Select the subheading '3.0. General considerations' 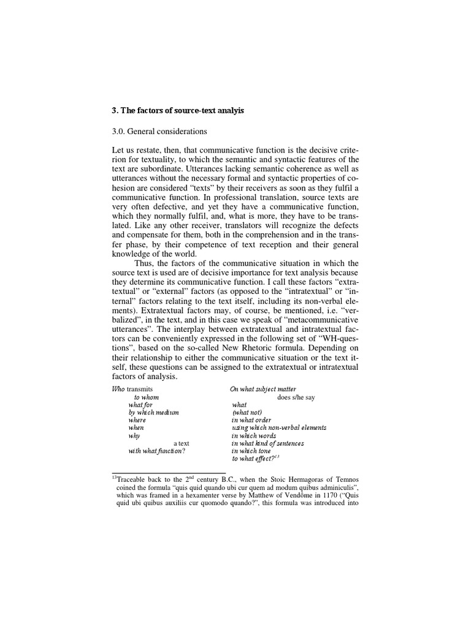159,131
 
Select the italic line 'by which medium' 153,413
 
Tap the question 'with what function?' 156,451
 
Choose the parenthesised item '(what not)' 247,413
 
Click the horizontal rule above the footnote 169,472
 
